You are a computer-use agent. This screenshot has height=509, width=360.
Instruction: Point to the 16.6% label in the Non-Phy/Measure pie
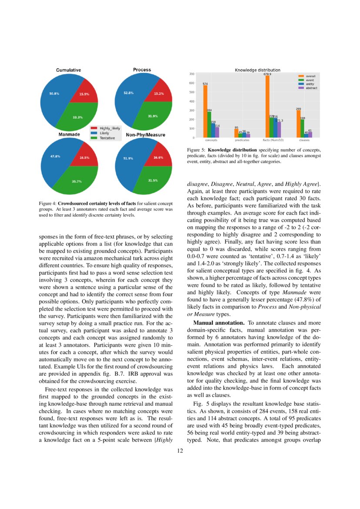point(158,158)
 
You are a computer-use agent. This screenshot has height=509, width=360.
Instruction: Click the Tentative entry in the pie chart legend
point(107,138)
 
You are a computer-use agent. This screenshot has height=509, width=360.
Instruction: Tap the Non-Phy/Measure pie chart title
point(145,135)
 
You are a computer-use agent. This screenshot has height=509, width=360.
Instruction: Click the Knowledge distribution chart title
point(258,70)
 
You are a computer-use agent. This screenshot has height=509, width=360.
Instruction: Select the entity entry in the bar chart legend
point(310,84)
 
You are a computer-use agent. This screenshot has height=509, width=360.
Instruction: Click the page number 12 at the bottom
point(180,451)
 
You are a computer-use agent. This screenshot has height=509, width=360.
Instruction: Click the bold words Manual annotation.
point(219,323)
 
